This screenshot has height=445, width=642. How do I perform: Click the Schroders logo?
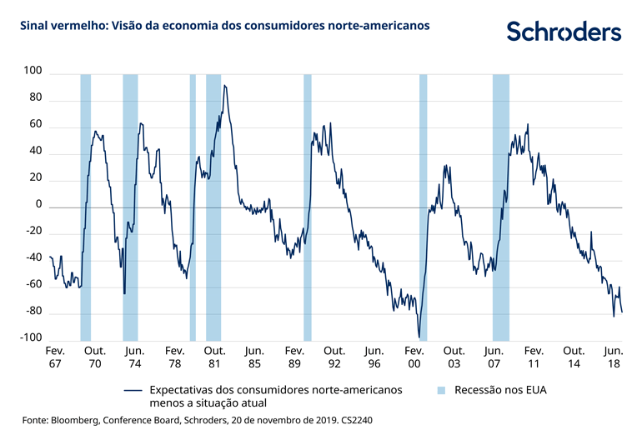[564, 32]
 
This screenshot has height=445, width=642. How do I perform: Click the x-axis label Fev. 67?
[54, 357]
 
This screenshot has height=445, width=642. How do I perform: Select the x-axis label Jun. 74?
[133, 357]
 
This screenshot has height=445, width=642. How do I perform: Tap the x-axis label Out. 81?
[214, 357]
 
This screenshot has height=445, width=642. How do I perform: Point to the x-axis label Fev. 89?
[294, 357]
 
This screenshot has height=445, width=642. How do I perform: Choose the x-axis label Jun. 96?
[374, 357]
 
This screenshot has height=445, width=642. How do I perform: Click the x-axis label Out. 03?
[454, 357]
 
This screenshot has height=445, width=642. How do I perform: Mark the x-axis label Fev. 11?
[534, 357]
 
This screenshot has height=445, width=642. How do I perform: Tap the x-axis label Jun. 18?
[614, 357]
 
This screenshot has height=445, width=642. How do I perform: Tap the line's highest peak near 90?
[223, 85]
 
